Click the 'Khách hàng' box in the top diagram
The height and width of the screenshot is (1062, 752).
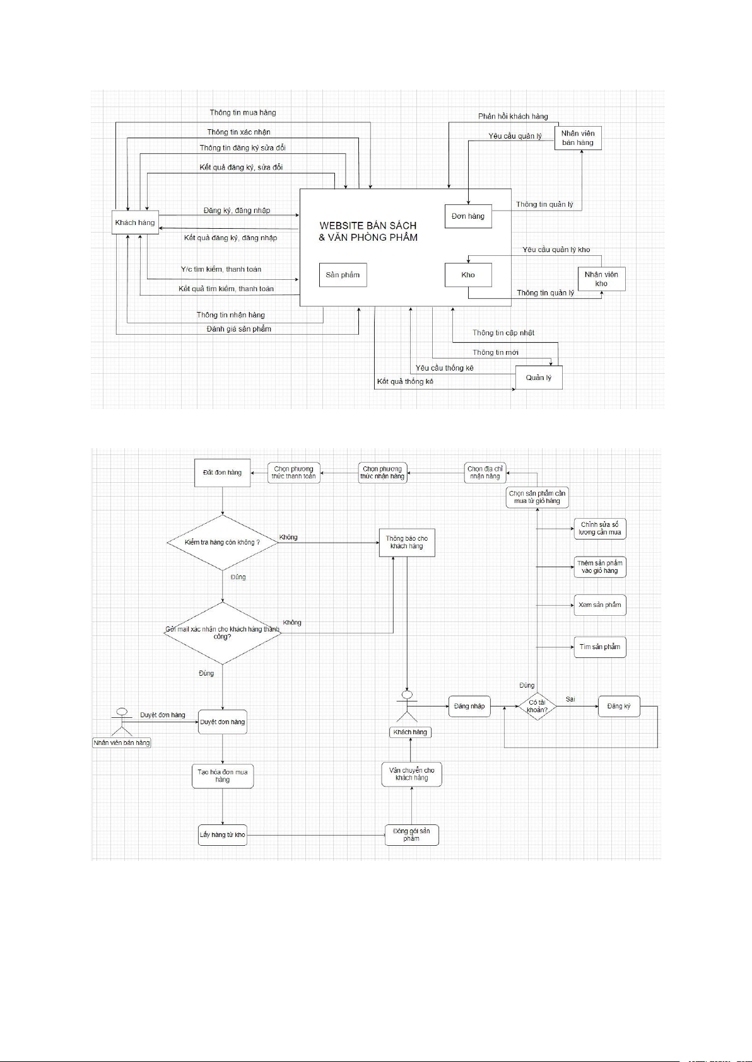(135, 222)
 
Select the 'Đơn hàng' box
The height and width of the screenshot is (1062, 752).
(468, 216)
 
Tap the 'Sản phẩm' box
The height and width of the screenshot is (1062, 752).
(343, 275)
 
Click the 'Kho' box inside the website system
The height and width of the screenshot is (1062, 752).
(468, 275)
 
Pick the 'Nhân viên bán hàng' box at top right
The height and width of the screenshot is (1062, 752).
(578, 138)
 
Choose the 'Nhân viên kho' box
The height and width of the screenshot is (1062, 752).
(601, 279)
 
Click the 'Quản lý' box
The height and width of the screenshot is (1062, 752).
(539, 378)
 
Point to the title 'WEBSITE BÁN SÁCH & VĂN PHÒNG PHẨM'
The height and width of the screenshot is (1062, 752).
(368, 231)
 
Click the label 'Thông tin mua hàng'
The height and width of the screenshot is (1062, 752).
(243, 113)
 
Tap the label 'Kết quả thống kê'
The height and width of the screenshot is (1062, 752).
(405, 381)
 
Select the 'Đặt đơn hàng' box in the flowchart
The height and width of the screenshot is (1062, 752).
(222, 473)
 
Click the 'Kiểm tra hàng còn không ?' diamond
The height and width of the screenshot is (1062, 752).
(222, 542)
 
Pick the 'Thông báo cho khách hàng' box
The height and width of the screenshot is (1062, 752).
(407, 542)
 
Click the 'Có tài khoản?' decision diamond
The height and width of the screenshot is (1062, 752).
(538, 706)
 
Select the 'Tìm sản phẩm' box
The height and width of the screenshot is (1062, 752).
(600, 647)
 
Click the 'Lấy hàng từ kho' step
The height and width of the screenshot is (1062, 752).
(222, 834)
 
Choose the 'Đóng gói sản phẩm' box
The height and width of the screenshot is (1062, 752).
(411, 834)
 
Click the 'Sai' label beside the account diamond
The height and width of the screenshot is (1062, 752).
(570, 699)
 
